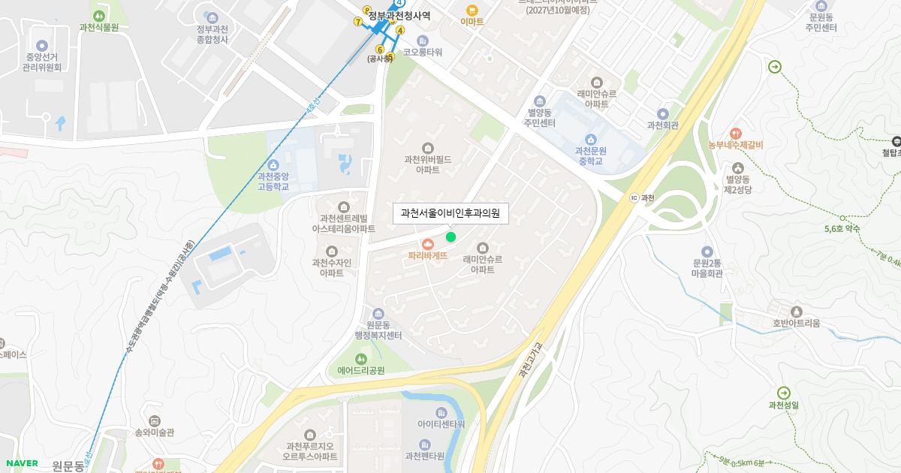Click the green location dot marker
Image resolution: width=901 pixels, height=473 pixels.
[450, 237]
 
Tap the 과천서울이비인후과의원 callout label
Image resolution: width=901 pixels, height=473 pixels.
[450, 213]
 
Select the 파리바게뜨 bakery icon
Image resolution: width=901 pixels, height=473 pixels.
[428, 243]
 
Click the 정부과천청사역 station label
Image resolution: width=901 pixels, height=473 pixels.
[399, 15]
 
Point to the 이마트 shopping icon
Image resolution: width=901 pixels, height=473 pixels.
[472, 10]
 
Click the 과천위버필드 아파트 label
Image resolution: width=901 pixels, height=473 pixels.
[428, 159]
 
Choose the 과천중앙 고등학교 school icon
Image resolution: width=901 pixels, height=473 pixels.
[273, 164]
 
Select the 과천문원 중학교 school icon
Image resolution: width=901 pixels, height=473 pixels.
[591, 138]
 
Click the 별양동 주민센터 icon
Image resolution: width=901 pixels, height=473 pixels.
[540, 101]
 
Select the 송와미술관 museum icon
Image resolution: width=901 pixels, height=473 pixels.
[154, 420]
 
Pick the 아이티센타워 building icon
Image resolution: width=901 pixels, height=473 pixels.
[441, 412]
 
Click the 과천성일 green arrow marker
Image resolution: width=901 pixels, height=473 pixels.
[784, 393]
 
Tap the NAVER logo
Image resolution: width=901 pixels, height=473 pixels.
[22, 463]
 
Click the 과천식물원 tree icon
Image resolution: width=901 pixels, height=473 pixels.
[98, 15]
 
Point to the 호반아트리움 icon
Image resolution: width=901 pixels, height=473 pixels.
[796, 312]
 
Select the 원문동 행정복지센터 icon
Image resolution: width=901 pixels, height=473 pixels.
[378, 313]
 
